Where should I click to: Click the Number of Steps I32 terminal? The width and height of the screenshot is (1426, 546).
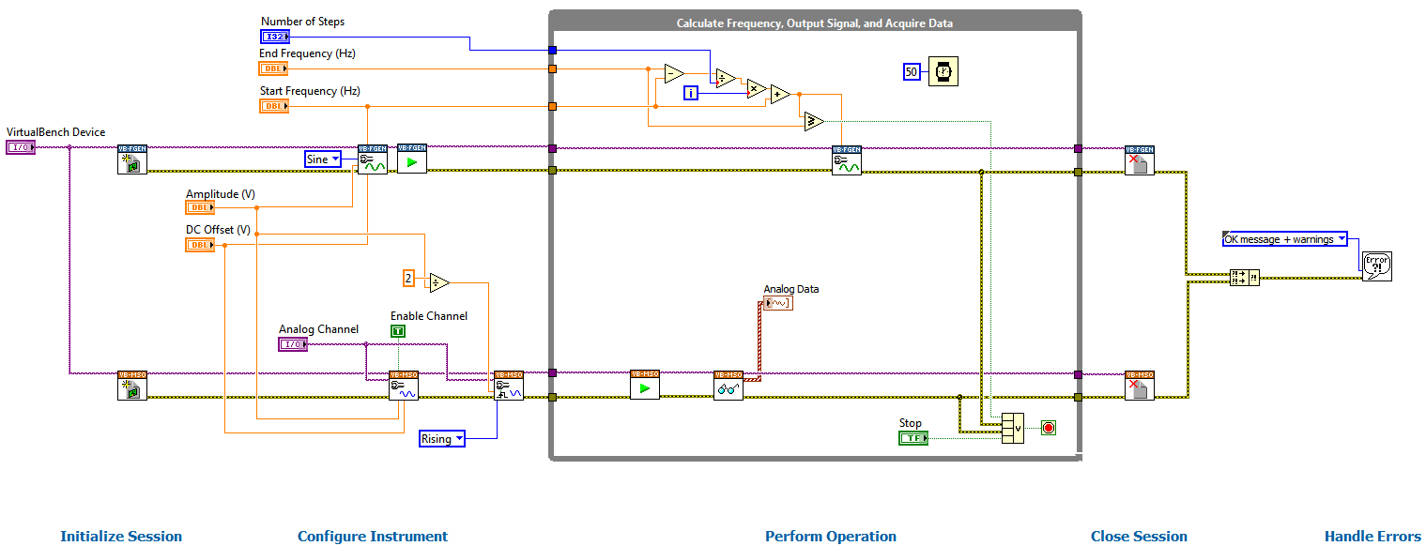coord(274,37)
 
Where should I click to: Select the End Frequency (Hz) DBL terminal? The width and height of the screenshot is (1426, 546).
coord(273,68)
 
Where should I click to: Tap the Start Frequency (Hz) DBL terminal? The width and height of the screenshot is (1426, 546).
coord(273,106)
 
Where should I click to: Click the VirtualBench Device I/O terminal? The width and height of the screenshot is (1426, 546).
coord(20,147)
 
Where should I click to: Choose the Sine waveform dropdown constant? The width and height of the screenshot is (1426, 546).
coord(323,159)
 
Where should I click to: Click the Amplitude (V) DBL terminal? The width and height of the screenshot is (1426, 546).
coord(200,207)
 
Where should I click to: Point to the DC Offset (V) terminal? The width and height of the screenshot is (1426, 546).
coord(200,245)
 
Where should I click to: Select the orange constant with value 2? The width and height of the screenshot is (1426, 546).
coord(408,278)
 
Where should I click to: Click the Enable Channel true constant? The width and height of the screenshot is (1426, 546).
coord(398,331)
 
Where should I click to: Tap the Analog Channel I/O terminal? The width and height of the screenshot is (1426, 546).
coord(293,344)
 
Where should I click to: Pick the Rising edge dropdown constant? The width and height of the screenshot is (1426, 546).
coord(442,439)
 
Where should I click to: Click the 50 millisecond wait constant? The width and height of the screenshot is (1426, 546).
coord(912,72)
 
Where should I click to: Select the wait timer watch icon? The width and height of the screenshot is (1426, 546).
coord(943,72)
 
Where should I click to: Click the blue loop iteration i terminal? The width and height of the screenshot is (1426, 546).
coord(690,92)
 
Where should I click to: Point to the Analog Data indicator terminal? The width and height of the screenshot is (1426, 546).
coord(777,303)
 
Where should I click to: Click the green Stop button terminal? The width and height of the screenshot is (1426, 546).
coord(912,438)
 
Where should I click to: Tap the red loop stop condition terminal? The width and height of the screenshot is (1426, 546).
coord(1049,428)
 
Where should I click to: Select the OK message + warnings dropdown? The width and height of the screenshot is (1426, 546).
coord(1284,239)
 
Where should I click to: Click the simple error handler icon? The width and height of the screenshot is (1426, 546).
coord(1377,265)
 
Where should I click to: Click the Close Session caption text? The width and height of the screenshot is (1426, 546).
coord(1139,537)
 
